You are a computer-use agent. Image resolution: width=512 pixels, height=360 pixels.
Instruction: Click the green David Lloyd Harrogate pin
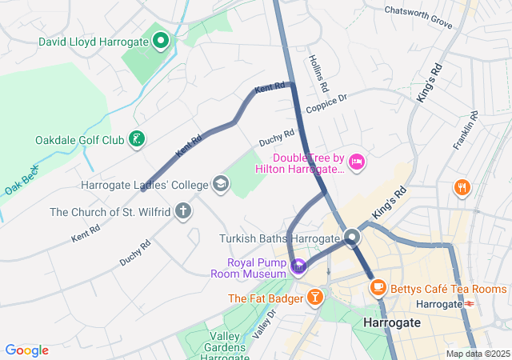(x=160, y=39)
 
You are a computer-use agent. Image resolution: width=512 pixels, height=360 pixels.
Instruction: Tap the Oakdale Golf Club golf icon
(x=137, y=140)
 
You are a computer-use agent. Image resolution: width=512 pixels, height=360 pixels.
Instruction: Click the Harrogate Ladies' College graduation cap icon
(x=219, y=186)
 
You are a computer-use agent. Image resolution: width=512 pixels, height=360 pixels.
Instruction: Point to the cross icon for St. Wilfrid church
(x=183, y=212)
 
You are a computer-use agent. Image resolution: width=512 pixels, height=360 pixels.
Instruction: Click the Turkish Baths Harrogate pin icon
(x=352, y=238)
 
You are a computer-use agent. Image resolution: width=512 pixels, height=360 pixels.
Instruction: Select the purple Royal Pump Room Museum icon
(x=298, y=266)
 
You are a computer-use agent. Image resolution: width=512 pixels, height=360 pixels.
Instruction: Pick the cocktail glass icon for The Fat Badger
(x=316, y=298)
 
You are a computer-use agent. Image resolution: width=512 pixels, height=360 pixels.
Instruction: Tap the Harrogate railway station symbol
(x=470, y=304)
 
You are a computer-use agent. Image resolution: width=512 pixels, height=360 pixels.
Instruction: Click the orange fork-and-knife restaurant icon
(x=462, y=188)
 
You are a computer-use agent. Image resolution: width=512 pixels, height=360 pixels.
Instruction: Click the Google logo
(x=26, y=350)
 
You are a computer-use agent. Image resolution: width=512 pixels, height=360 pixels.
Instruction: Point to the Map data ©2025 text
(x=477, y=354)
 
